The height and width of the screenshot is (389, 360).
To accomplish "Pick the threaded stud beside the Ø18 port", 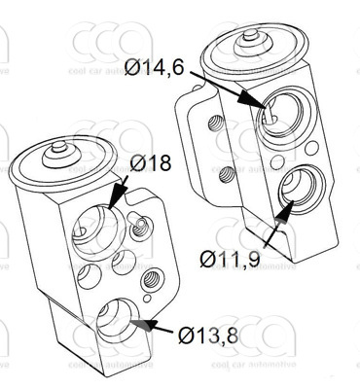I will tap(143, 227).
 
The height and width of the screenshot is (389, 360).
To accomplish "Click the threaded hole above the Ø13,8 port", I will tap(150, 279).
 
